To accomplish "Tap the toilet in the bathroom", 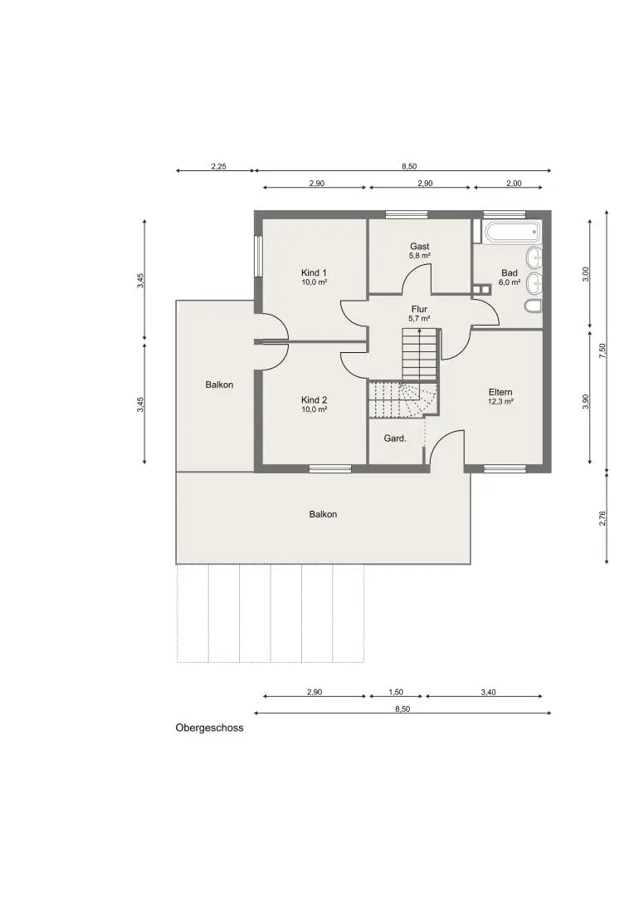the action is [533, 306].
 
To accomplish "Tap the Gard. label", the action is [395, 439].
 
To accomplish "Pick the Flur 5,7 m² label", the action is [420, 313].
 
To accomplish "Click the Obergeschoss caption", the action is [209, 728].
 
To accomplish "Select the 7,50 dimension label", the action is [602, 350].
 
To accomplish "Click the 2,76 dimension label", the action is [602, 518].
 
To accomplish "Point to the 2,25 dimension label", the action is [218, 166].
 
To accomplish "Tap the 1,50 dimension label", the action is [396, 692].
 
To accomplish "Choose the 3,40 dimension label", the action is [488, 692].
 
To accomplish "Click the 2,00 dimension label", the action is [514, 184].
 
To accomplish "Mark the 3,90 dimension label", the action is [585, 402].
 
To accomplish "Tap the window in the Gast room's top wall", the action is [407, 214].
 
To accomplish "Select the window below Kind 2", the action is [330, 468].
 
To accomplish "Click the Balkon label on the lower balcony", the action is [323, 514].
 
